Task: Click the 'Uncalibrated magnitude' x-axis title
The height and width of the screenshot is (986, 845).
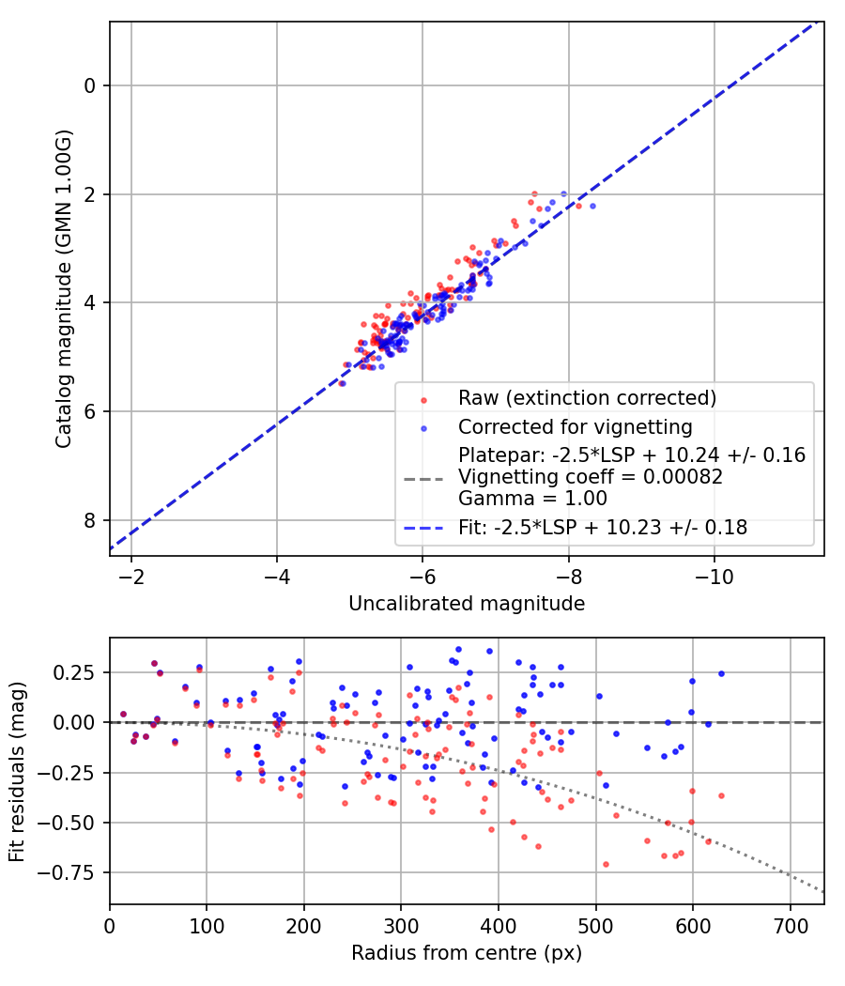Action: click(467, 604)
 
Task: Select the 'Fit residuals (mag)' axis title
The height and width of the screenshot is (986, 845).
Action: click(17, 771)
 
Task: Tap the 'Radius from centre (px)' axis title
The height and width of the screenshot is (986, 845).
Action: click(467, 953)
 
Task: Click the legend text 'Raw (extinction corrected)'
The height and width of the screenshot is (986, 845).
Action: click(587, 397)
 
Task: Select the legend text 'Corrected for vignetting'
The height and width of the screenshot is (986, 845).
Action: click(575, 427)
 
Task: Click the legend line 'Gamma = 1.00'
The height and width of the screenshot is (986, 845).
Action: click(532, 499)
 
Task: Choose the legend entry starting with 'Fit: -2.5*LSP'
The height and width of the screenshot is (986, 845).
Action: click(603, 528)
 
